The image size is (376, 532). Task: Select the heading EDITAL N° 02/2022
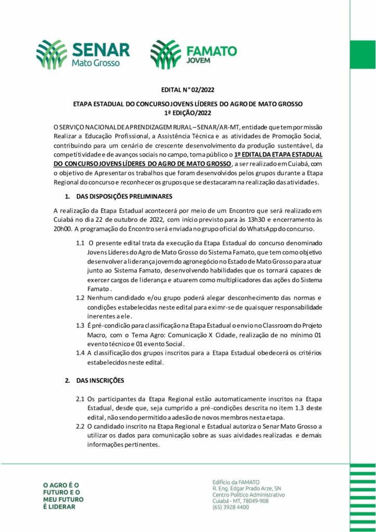(x=188, y=89)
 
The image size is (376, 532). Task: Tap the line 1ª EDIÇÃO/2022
(x=187, y=112)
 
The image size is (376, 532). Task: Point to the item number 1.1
(x=80, y=243)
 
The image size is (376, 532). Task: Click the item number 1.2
(x=80, y=298)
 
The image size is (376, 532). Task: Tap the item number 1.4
(x=80, y=353)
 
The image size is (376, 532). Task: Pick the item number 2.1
(x=80, y=399)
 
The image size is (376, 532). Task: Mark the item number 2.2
(x=80, y=427)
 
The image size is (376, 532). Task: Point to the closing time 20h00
(x=64, y=229)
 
